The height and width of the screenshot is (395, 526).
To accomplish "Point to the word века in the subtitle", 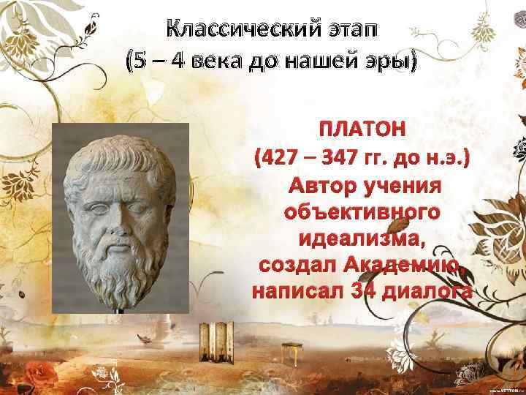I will click(216, 64).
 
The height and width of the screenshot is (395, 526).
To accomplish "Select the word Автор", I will click(321, 184).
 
